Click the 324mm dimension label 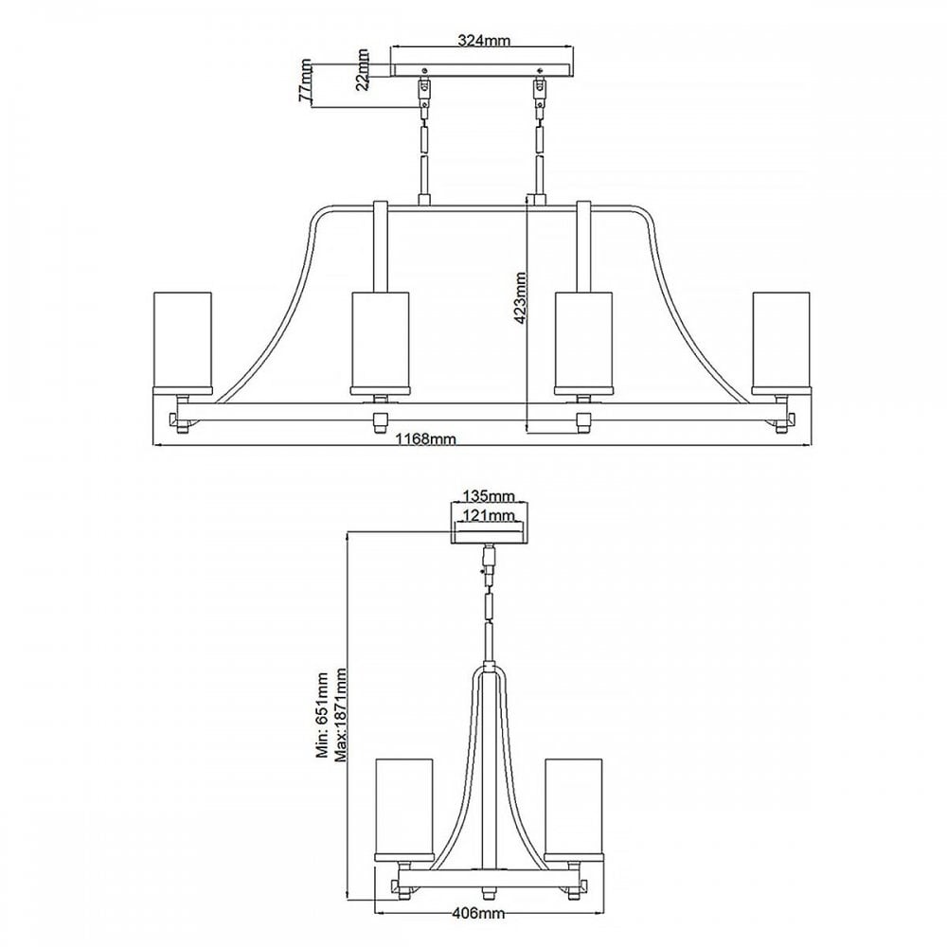point(484,41)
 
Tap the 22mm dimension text point(363,69)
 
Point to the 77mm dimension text point(306,80)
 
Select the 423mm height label point(520,298)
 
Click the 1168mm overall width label point(425,439)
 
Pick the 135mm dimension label point(489,496)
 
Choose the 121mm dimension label point(489,515)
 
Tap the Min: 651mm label point(322,715)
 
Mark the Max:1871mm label point(341,715)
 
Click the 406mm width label point(478,931)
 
